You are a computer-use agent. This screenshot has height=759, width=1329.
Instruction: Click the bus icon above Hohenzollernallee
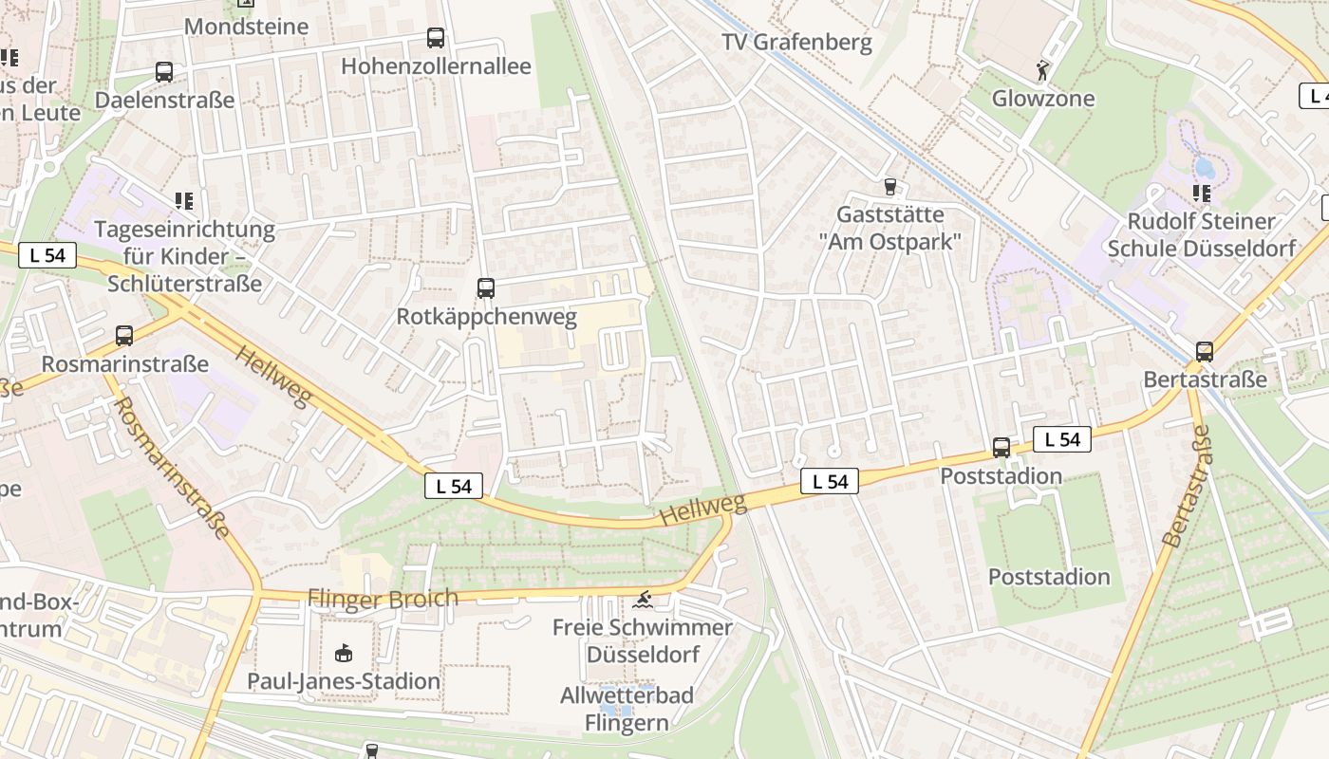pyautogui.click(x=436, y=38)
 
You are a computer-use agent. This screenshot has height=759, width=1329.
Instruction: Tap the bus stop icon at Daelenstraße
pyautogui.click(x=164, y=71)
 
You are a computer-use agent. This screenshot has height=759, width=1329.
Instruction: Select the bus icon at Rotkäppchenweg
pyautogui.click(x=486, y=287)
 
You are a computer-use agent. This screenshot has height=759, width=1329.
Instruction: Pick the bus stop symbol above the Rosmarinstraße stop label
pyautogui.click(x=124, y=335)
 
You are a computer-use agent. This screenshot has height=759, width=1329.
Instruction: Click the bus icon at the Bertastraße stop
pyautogui.click(x=1205, y=351)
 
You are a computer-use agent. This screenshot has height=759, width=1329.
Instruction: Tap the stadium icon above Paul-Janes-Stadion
pyautogui.click(x=344, y=653)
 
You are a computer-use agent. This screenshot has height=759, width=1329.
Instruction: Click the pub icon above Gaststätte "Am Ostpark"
pyautogui.click(x=889, y=186)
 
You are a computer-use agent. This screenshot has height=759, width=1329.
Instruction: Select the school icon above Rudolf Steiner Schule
pyautogui.click(x=1202, y=194)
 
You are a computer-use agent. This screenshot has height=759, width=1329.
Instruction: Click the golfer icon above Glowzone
pyautogui.click(x=1043, y=70)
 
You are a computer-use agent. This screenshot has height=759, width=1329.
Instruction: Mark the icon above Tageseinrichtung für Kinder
pyautogui.click(x=183, y=200)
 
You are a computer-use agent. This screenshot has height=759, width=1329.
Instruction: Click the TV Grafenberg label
pyautogui.click(x=796, y=43)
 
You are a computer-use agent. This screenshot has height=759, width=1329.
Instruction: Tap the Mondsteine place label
pyautogui.click(x=246, y=27)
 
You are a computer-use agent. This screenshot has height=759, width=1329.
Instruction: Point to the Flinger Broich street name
pyautogui.click(x=383, y=599)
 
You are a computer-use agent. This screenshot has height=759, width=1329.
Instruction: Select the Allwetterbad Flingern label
pyautogui.click(x=627, y=709)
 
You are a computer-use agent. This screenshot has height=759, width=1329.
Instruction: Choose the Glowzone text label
pyautogui.click(x=1043, y=99)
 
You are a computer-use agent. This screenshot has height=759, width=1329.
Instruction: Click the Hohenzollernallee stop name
pyautogui.click(x=436, y=66)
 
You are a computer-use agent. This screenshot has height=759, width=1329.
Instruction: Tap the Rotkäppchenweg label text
pyautogui.click(x=486, y=317)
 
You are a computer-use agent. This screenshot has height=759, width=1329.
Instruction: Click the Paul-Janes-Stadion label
pyautogui.click(x=344, y=681)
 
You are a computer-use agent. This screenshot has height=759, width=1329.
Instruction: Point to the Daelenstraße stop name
pyautogui.click(x=164, y=101)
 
